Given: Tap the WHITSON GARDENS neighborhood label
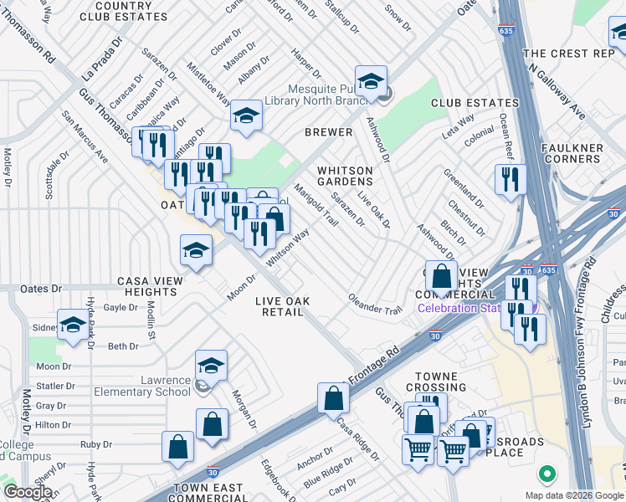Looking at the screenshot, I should click(x=345, y=176).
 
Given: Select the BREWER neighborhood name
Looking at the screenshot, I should click(x=328, y=132).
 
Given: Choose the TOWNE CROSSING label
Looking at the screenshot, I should click(x=436, y=382).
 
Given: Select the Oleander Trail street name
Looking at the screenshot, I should click(x=375, y=304).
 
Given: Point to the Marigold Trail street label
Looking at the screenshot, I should click(x=316, y=207).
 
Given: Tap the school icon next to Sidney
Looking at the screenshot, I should click(x=73, y=325).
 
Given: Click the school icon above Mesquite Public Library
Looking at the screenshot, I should click(x=371, y=81).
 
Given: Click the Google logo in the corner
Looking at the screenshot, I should click(x=28, y=492).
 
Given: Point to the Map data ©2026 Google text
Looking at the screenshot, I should click(x=573, y=495).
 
